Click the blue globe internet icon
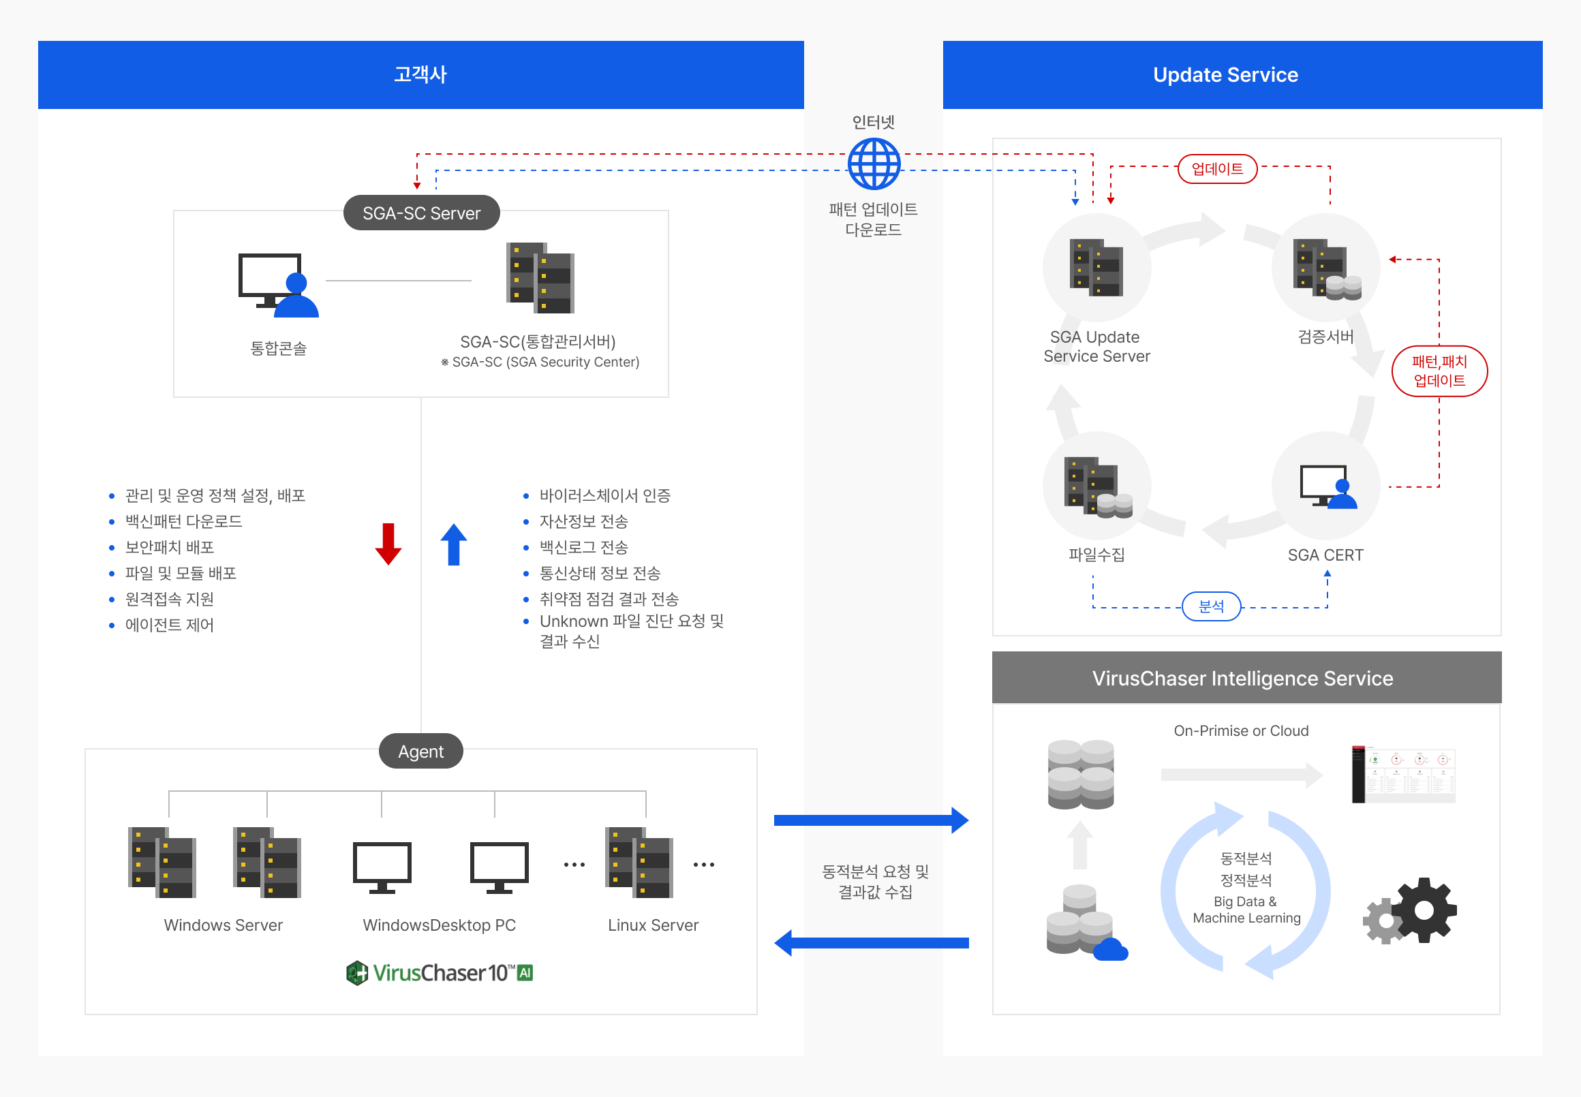pos(874,164)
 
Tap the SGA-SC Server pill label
pos(421,213)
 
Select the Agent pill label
pos(420,752)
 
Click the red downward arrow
pos(388,543)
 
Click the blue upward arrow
pos(454,544)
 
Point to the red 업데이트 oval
pos(1216,169)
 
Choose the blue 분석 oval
pos(1211,606)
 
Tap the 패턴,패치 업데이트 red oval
pos(1439,371)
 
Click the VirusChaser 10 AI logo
pos(440,972)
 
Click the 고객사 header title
pos(420,75)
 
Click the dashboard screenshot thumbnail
pos(1403,774)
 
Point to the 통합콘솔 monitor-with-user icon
pos(279,285)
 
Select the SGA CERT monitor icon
pos(1327,486)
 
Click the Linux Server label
pos(652,925)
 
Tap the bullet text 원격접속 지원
pos(169,600)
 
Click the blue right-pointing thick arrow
pos(871,820)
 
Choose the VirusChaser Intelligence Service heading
pos(1242,679)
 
